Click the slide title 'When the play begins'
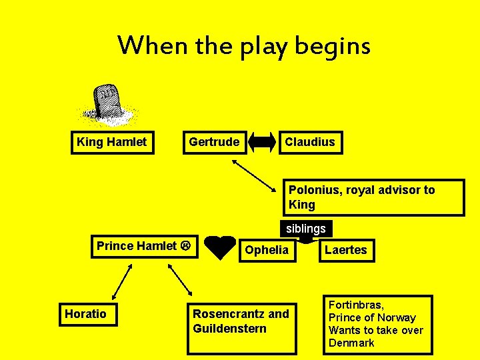point(243,45)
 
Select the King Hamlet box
point(112,142)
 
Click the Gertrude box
point(214,142)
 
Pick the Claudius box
point(310,142)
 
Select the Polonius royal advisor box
point(373,197)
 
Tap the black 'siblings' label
point(306,229)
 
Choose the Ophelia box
point(267,250)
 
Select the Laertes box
point(346,250)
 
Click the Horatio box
point(86,314)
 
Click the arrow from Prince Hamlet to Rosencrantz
point(180,280)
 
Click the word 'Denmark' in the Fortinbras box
point(351,343)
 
